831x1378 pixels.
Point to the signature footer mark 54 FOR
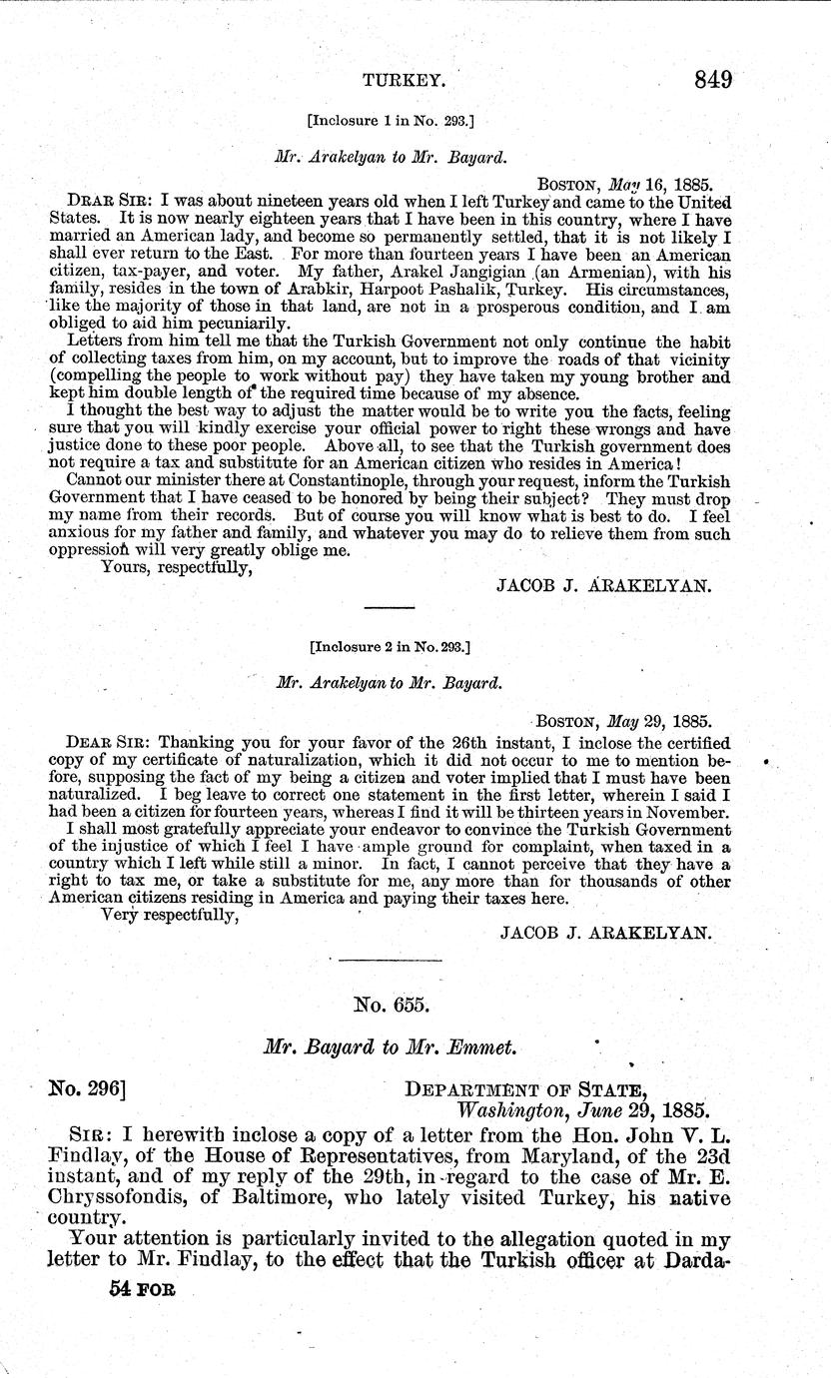[x=141, y=1289]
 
